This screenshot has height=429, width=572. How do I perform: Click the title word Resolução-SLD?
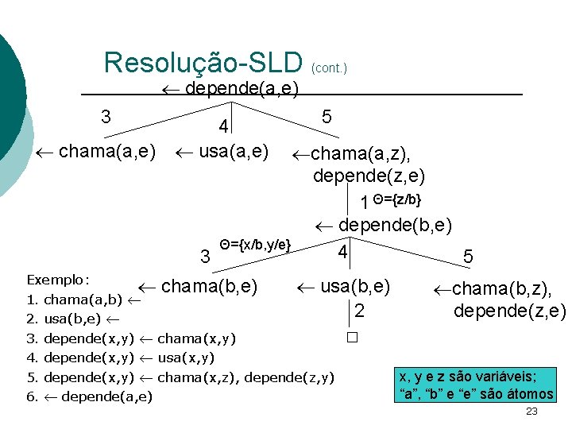(x=203, y=62)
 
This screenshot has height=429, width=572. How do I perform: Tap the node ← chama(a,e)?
(x=96, y=150)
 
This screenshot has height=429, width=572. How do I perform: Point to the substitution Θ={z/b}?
(x=397, y=198)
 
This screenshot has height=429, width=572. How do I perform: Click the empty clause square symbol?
(x=352, y=337)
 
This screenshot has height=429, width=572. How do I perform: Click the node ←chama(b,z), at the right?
(x=497, y=289)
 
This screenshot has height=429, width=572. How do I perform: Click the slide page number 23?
(x=531, y=411)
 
